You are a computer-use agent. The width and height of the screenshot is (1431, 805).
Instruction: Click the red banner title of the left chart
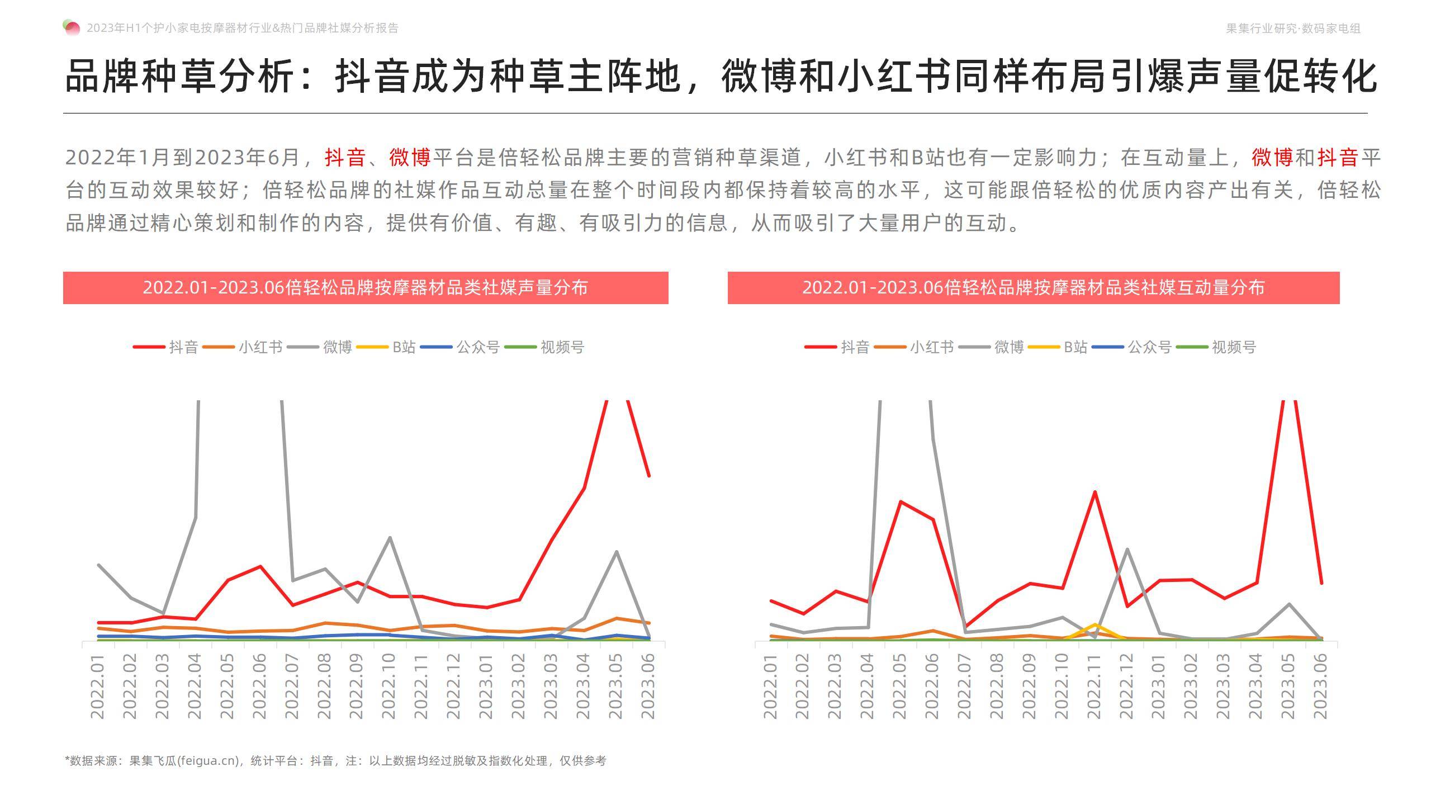tap(366, 288)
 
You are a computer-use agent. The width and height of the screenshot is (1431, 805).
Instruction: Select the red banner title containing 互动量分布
tap(1033, 288)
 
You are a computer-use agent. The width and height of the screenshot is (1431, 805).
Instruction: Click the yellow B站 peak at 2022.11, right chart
tap(1094, 624)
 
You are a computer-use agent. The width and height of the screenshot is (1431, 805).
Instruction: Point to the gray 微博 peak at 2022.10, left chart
tap(390, 538)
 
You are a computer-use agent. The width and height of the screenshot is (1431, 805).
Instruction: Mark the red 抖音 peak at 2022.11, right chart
tap(1094, 492)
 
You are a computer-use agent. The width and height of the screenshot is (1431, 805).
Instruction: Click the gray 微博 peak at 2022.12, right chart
tap(1127, 549)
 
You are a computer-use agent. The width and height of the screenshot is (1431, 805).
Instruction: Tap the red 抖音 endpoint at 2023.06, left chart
tap(649, 476)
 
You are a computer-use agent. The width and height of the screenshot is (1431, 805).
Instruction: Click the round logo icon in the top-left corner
tap(72, 27)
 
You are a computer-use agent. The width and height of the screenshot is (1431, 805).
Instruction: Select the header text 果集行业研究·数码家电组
tap(1293, 29)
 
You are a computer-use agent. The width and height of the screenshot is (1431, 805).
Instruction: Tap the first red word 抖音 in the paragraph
tap(345, 158)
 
